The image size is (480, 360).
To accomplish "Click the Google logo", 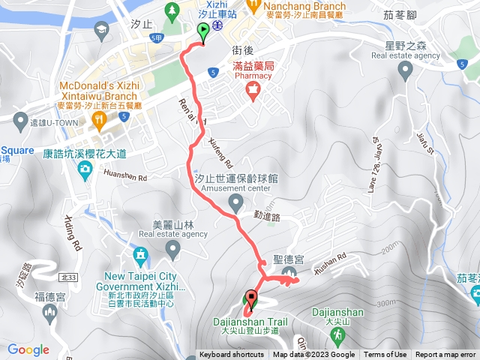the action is point(28,349).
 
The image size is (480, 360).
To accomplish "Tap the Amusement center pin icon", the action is point(236,202).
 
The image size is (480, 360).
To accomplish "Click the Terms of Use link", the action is point(385,355).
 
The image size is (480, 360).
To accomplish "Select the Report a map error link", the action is point(446,355).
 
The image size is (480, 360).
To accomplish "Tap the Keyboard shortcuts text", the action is point(232,355).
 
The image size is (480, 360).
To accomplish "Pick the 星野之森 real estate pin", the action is point(406,72).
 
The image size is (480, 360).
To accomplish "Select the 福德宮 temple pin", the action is point(50,312).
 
